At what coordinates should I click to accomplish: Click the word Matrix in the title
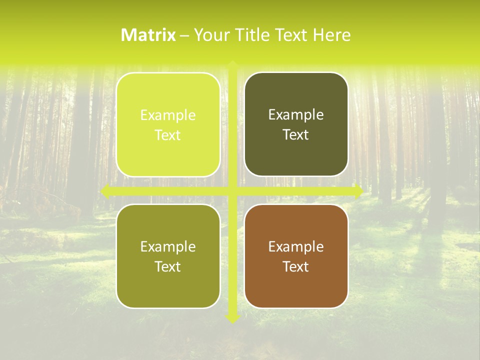[148, 35]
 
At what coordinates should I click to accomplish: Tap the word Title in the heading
[248, 35]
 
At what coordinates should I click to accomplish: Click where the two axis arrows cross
[232, 191]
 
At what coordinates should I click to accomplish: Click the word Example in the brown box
[296, 246]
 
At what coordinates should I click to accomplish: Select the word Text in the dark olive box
[296, 135]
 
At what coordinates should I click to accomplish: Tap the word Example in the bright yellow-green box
[168, 115]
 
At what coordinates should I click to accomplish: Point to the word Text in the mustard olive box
[168, 266]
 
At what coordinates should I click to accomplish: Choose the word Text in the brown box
[296, 266]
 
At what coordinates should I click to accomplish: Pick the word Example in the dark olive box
[296, 115]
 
